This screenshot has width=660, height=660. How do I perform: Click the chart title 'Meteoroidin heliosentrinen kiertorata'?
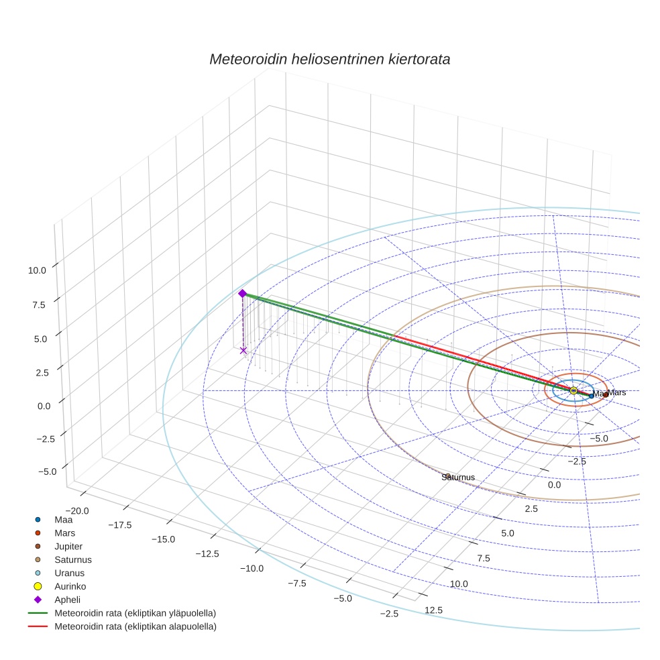329,59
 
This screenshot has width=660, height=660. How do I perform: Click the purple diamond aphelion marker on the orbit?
242,293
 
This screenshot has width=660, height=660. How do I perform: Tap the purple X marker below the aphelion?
243,350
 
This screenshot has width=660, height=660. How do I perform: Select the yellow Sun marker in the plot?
573,390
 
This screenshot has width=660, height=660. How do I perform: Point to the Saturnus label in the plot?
458,477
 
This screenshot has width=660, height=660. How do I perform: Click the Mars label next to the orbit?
617,392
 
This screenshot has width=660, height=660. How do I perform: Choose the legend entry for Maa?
63,520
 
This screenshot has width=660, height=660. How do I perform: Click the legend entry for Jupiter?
69,547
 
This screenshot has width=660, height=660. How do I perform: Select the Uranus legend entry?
69,573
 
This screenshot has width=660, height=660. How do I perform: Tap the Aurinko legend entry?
70,587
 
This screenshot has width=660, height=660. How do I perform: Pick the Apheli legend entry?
67,600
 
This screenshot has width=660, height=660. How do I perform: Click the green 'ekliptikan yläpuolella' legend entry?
135,614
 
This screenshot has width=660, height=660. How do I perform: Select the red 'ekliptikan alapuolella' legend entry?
135,627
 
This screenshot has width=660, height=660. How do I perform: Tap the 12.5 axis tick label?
433,610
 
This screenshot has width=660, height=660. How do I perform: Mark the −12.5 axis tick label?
207,553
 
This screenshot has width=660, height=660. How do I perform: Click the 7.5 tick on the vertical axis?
38,305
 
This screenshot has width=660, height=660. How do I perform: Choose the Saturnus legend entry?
73,560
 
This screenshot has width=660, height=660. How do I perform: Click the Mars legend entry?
64,533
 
